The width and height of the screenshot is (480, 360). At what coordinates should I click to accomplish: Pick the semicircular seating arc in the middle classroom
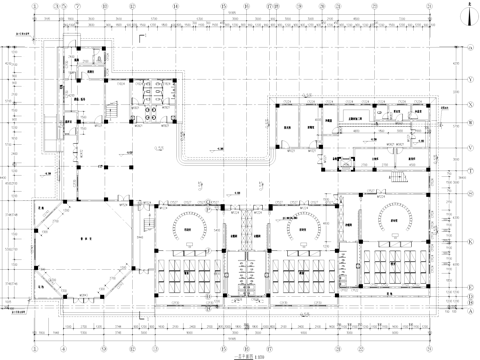tap(301, 222)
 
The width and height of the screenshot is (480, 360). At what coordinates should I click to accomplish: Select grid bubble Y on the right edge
tap(471, 77)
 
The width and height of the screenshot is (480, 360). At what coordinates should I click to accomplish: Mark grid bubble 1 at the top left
tap(37, 6)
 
